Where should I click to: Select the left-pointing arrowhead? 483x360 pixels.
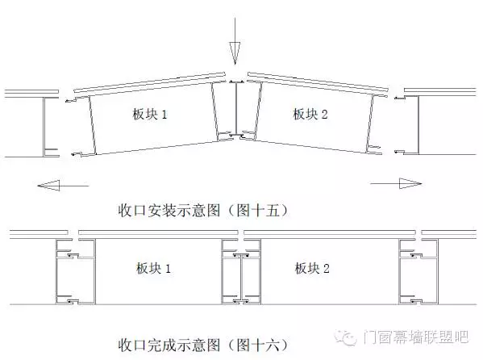coord(48,186)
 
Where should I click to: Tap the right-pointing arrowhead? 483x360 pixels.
coord(410,183)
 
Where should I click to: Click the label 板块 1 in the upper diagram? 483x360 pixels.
coord(150,114)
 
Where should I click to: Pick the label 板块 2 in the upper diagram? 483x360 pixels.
coord(310,114)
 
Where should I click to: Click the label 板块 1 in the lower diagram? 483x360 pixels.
coord(153,268)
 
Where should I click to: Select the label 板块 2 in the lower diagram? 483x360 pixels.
coord(312,268)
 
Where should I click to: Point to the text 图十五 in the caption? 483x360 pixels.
coord(259,211)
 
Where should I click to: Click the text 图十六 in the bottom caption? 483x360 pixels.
coord(259,345)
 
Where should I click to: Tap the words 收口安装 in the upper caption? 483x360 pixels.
coord(148,211)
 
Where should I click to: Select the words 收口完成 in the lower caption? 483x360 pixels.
coord(148,345)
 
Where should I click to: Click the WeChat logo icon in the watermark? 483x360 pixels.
coord(346,337)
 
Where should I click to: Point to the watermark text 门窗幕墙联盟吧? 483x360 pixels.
coord(415,337)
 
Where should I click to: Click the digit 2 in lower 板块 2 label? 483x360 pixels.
coord(327,269)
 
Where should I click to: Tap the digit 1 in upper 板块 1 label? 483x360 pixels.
coord(164,115)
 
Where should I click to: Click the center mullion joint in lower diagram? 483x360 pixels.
coord(241,272)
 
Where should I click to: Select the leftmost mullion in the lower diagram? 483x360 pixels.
coord(76,272)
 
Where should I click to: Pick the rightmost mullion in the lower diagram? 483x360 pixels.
coord(418,272)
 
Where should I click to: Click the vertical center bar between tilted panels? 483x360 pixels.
coord(236,109)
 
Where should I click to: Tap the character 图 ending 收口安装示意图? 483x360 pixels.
coord(213,211)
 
